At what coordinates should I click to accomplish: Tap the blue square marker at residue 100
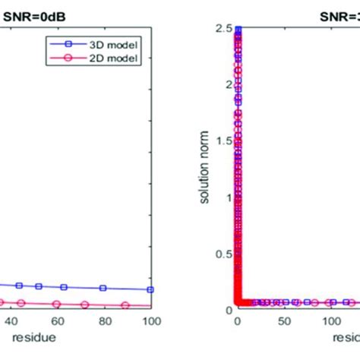pyautogui.click(x=150, y=289)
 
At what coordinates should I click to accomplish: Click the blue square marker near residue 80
pyautogui.click(x=104, y=288)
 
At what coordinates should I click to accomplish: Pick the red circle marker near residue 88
pyautogui.click(x=125, y=305)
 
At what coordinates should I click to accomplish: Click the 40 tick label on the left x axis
pyautogui.click(x=11, y=321)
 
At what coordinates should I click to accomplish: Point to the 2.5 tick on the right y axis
pyautogui.click(x=223, y=29)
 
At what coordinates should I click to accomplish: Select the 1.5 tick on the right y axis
pyautogui.click(x=223, y=141)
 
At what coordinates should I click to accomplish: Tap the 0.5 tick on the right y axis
pyautogui.click(x=223, y=254)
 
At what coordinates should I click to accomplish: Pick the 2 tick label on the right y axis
pyautogui.click(x=227, y=85)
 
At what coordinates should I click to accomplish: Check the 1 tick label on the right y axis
pyautogui.click(x=227, y=197)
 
